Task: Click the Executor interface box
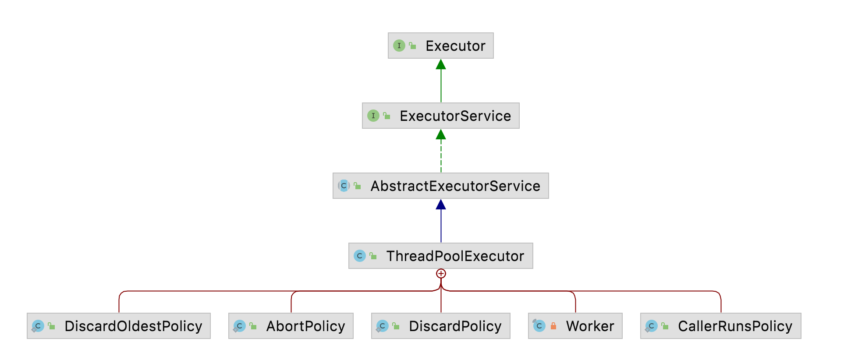pos(440,46)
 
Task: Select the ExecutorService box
pos(440,116)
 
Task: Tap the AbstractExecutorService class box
pos(440,186)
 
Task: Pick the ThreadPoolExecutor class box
pos(440,256)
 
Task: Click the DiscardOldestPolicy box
pos(118,326)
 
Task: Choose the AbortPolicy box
pos(291,326)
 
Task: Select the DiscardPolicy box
pos(440,326)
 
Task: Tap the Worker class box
pos(575,326)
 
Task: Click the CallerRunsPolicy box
pos(720,326)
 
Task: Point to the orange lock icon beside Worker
pos(553,326)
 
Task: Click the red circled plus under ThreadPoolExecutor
pos(441,274)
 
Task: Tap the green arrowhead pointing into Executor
pos(441,64)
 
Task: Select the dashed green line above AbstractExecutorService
pos(441,156)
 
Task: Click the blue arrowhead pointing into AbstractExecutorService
pos(441,205)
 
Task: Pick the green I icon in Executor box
pos(399,46)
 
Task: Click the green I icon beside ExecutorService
pos(373,116)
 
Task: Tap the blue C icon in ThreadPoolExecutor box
pos(359,256)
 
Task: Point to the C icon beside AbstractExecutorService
pos(344,186)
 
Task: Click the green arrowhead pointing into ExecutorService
pos(441,134)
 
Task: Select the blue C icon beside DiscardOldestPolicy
pos(38,326)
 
